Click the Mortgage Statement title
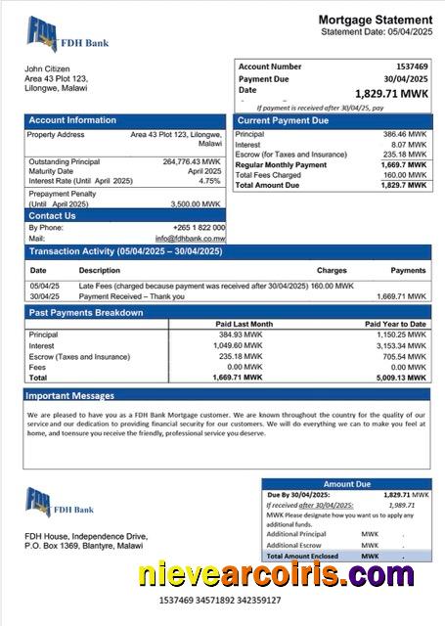[375, 20]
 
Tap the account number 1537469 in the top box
[412, 66]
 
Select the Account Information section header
[72, 120]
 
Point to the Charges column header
[332, 270]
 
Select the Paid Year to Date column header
[395, 324]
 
